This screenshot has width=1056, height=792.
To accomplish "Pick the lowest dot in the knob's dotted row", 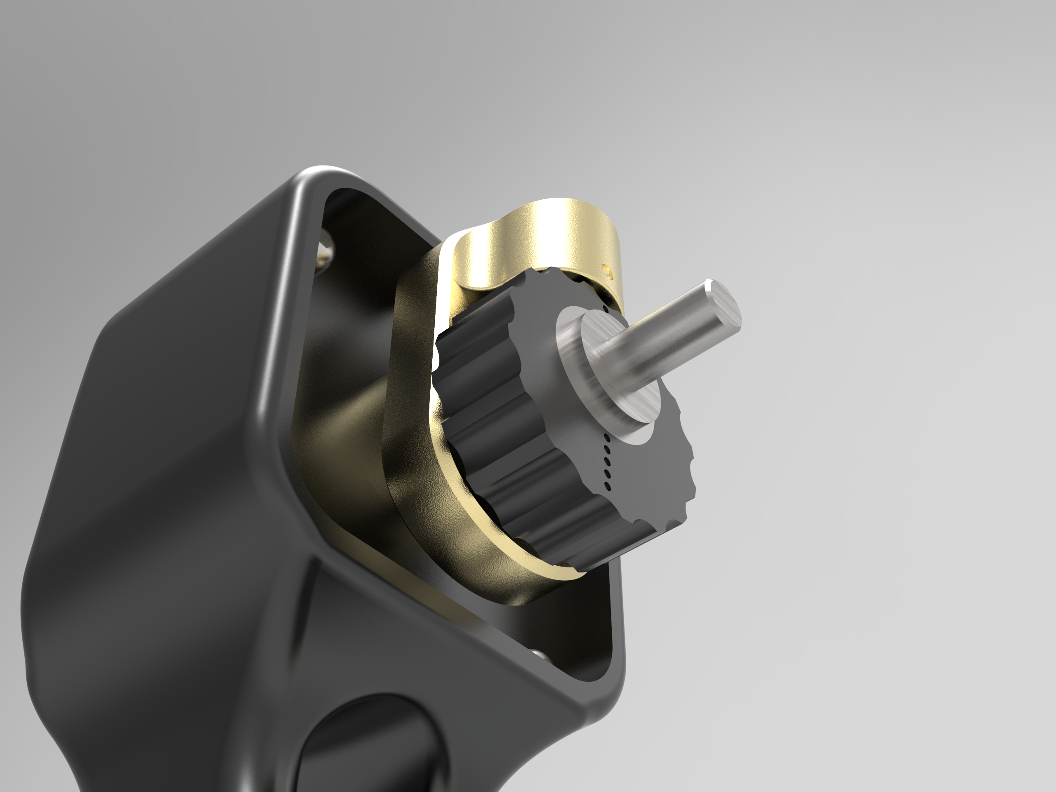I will point(607,486).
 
